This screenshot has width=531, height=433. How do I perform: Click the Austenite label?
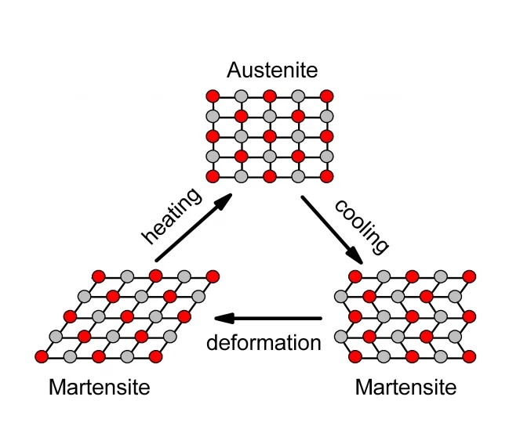[x=272, y=70]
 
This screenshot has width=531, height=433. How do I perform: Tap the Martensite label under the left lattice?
[x=99, y=387]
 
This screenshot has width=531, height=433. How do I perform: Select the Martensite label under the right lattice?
[x=406, y=387]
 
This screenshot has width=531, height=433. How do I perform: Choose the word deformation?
[x=264, y=343]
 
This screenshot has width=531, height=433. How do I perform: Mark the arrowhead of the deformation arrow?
[x=222, y=319]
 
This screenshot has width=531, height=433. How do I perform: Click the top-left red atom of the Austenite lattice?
[x=212, y=96]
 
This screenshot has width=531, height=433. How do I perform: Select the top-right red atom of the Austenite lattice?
[x=327, y=96]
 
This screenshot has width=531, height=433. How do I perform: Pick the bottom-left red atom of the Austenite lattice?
[x=212, y=175]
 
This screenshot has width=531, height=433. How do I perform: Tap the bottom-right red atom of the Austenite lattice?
[x=327, y=175]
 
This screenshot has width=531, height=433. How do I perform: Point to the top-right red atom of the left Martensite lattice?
[x=213, y=276]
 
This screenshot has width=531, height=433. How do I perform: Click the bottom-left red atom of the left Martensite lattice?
[x=42, y=356]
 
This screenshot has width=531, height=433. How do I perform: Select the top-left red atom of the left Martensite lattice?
[x=98, y=276]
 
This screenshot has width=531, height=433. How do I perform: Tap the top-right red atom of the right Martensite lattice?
[x=470, y=276]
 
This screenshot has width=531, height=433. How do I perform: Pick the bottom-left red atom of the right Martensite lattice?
[x=355, y=356]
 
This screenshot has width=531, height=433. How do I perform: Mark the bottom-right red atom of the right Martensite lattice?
[x=470, y=356]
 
